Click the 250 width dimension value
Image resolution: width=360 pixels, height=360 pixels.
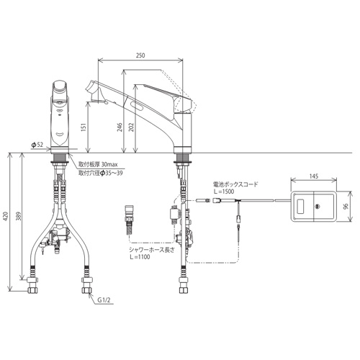click(x=140, y=55)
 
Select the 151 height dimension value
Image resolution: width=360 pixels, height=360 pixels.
click(x=84, y=128)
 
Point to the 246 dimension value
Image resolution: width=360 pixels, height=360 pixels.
click(x=120, y=127)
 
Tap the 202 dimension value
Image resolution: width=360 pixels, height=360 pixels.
click(x=131, y=127)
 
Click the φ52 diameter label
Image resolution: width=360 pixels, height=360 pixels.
click(x=37, y=145)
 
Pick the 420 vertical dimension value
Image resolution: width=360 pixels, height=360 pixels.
click(x=6, y=217)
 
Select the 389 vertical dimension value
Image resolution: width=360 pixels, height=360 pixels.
click(x=20, y=216)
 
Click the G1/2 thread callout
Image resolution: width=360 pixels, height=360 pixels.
click(x=104, y=300)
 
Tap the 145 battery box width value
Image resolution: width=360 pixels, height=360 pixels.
click(x=314, y=176)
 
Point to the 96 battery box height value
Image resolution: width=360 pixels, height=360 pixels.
click(x=346, y=206)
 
